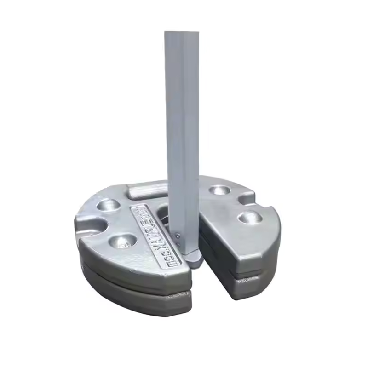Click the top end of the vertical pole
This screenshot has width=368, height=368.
tap(182, 33)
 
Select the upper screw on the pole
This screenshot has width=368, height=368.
tap(178, 234)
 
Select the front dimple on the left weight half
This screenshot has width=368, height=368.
tap(123, 240)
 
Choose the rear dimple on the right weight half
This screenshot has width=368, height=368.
tap(218, 190)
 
